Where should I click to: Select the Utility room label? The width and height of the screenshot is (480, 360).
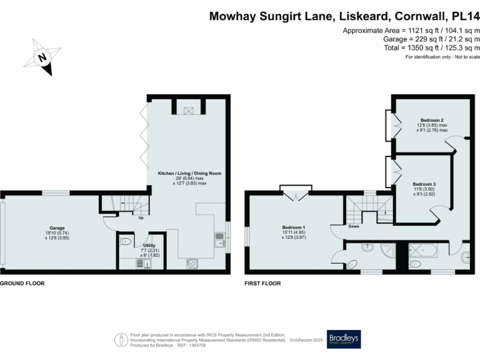pyautogui.click(x=141, y=246)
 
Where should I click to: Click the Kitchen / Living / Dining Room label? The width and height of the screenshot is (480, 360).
pyautogui.click(x=190, y=173)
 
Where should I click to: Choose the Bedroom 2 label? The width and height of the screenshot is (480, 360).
pyautogui.click(x=432, y=120)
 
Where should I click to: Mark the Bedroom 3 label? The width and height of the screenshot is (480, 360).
pyautogui.click(x=424, y=184)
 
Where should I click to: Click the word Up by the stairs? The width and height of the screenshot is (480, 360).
pyautogui.click(x=141, y=218)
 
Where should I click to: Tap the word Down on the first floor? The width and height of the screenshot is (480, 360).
pyautogui.click(x=354, y=227)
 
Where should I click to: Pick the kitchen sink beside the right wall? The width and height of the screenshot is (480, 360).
pyautogui.click(x=220, y=237)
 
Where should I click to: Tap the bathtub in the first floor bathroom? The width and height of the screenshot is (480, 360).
pyautogui.click(x=423, y=252)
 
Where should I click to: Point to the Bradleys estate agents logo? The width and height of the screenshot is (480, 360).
pyautogui.click(x=343, y=339)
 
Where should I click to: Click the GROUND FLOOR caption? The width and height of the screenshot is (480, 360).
pyautogui.click(x=22, y=283)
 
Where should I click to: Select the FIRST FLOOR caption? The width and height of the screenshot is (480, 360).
pyautogui.click(x=263, y=283)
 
